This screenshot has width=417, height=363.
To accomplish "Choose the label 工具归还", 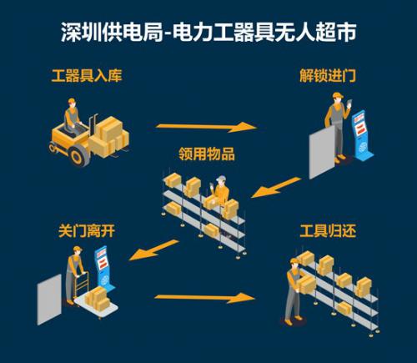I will (x=331, y=229).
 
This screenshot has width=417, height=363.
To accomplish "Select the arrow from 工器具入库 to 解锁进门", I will (x=204, y=127).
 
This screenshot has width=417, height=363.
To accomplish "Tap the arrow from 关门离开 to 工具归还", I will (x=203, y=296).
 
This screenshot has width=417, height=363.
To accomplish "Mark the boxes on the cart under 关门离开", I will (x=96, y=296).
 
